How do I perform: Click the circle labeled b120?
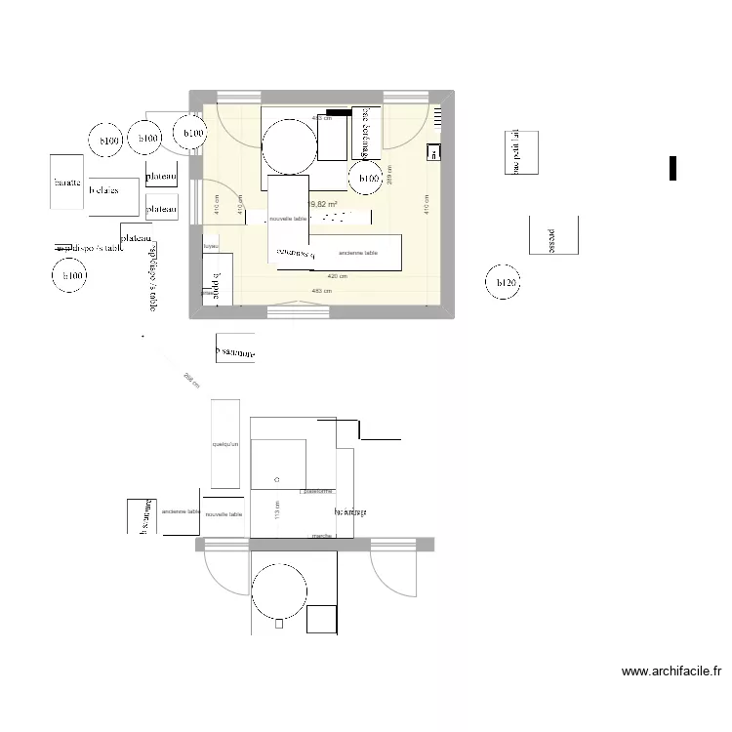504,284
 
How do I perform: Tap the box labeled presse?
553,235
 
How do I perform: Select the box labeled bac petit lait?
521,152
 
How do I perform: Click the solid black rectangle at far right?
672,168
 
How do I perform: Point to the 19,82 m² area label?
322,205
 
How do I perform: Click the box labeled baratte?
67,183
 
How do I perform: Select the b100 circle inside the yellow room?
368,179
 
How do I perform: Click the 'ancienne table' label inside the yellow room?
356,252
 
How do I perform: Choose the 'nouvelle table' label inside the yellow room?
288,219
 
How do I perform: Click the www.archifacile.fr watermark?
671,671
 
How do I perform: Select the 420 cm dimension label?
337,276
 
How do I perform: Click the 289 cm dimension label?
389,174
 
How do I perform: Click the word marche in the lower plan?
318,535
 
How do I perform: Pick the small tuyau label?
210,246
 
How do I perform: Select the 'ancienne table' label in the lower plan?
182,511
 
